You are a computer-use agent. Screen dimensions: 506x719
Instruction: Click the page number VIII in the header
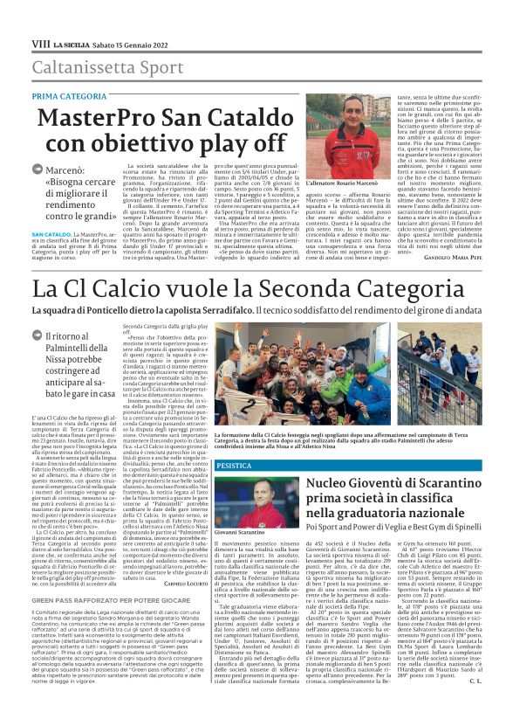(40, 43)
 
